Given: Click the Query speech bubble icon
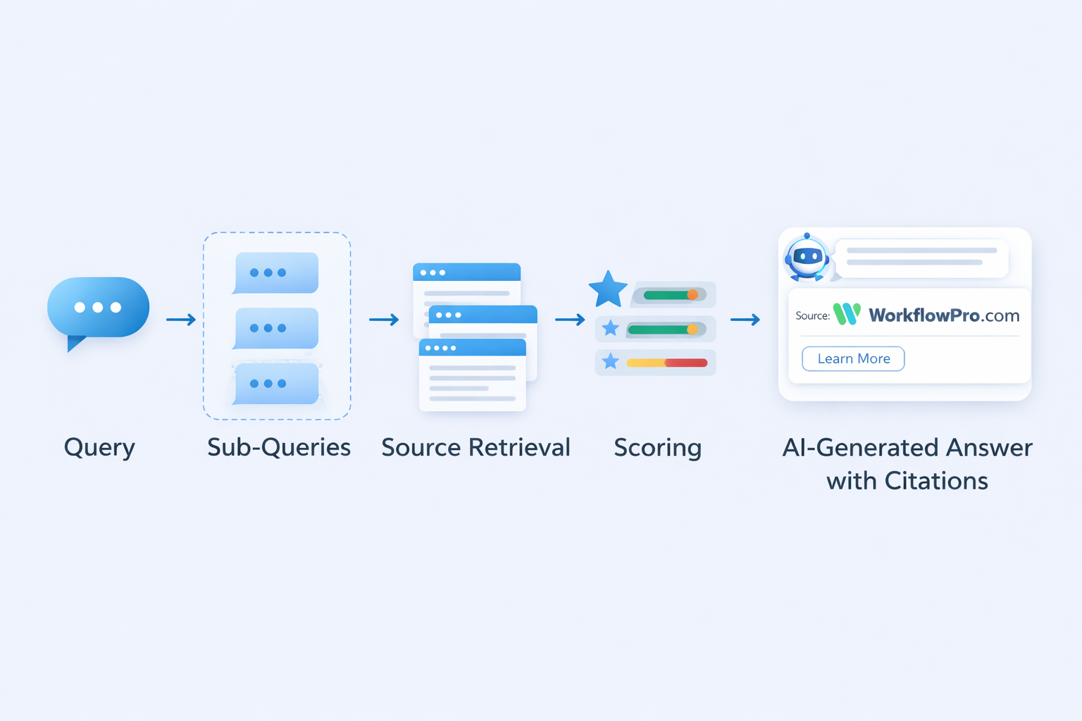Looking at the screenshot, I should click(98, 308).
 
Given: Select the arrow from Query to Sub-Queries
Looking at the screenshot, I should click(181, 320).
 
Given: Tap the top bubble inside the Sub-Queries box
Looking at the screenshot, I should click(276, 272).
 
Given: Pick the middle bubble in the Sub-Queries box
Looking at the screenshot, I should click(276, 328).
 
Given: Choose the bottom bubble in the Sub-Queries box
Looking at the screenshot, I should click(276, 384).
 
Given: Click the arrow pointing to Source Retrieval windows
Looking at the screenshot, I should click(384, 320).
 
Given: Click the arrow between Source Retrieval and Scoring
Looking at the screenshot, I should click(570, 320).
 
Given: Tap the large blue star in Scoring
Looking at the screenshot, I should click(607, 289).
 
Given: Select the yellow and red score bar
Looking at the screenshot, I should click(666, 363).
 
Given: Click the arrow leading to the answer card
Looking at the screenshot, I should click(745, 320).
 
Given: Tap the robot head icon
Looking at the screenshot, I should click(807, 258).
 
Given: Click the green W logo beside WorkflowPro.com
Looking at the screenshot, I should click(847, 314).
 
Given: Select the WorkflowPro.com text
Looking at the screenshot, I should click(944, 315).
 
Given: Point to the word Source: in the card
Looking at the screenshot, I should click(812, 315).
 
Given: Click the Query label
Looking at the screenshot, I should click(99, 448).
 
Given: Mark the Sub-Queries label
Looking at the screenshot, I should click(279, 448).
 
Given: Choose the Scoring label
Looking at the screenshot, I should click(657, 448).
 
